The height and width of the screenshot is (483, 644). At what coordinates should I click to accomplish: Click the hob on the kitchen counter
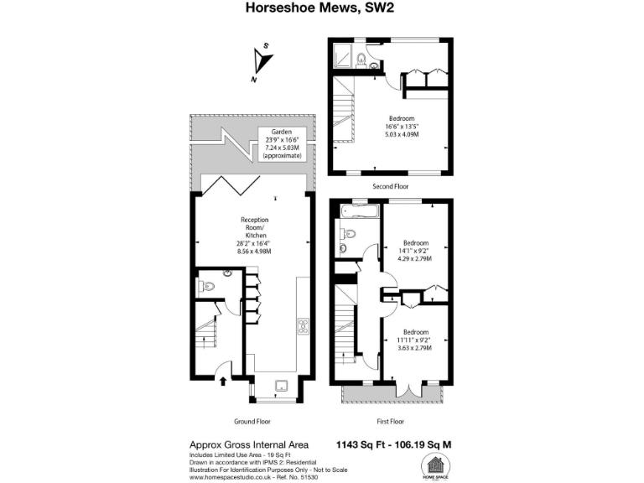[303, 327]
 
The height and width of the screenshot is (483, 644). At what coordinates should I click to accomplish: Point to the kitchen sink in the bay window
[282, 385]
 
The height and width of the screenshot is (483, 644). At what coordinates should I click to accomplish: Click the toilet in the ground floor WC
[209, 286]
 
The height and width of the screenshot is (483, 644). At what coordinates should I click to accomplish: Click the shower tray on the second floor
[342, 57]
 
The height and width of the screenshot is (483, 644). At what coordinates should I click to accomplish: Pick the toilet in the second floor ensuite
[361, 59]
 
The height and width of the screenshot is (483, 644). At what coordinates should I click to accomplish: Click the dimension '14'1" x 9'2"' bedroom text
[416, 251]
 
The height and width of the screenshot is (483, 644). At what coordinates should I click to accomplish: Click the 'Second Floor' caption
[391, 186]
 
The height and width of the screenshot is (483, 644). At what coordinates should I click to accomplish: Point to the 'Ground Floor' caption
[252, 421]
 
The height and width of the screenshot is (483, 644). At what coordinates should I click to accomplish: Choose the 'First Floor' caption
[390, 421]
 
